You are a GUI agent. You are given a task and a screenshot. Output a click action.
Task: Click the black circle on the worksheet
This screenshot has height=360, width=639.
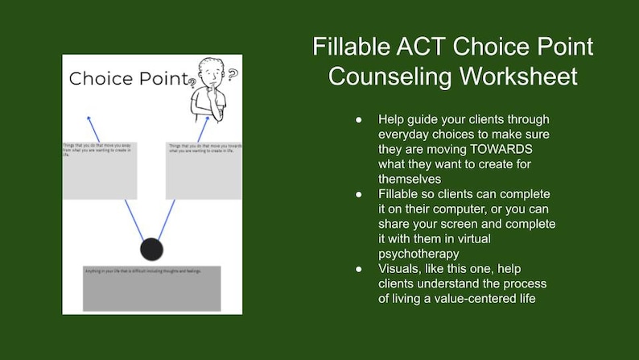(x=151, y=250)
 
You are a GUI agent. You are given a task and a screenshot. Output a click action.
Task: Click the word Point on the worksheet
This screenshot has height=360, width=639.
(x=160, y=79)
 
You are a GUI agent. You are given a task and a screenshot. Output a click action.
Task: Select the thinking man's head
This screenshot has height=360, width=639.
(x=212, y=72)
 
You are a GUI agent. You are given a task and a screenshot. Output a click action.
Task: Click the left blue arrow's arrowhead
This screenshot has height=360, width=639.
(x=89, y=118)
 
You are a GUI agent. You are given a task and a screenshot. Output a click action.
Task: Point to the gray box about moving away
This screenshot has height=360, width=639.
(x=100, y=171)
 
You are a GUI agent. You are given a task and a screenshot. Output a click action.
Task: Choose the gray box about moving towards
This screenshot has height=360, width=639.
(x=204, y=171)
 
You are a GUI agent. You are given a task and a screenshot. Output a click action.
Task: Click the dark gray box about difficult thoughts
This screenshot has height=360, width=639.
(x=151, y=288)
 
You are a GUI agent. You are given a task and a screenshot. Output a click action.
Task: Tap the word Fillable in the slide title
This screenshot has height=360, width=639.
(x=352, y=47)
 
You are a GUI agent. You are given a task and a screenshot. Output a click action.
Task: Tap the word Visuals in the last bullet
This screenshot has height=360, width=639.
(x=402, y=269)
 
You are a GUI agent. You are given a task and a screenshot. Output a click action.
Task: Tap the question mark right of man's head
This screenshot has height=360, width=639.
(x=233, y=75)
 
